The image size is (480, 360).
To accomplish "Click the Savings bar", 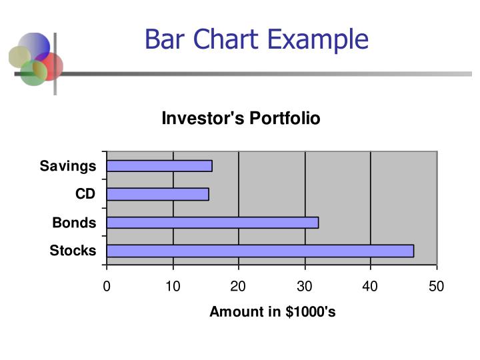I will (159, 166).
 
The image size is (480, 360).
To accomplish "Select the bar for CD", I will (157, 194).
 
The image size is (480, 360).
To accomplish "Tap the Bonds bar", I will (212, 223).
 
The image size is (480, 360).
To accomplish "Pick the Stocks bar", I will (260, 251).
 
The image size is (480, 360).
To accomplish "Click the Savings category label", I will (68, 166).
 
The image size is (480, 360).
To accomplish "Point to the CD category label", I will (85, 194).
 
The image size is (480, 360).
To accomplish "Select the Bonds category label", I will (74, 223).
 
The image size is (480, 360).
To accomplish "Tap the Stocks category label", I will (73, 251).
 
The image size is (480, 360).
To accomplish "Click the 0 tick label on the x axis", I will (107, 287).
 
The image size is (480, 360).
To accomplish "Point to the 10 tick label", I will (173, 287).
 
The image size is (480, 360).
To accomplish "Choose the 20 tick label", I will (239, 287).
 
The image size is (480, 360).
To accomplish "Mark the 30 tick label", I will (305, 287).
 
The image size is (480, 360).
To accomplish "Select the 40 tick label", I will (371, 287).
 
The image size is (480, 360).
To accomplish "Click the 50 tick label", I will (437, 287).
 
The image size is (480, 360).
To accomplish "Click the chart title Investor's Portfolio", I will (241, 119).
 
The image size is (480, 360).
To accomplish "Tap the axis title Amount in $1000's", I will (272, 312).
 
